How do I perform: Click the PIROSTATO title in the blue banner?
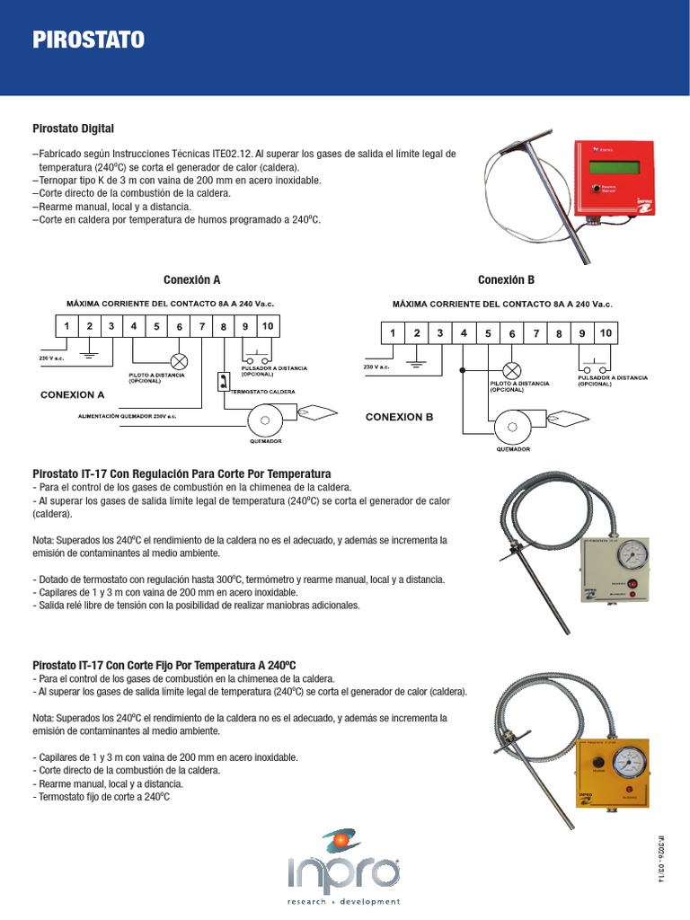click(x=87, y=40)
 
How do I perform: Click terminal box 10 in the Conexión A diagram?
click(x=267, y=326)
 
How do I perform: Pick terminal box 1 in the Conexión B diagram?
click(x=392, y=333)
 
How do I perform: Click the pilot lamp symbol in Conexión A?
click(x=179, y=361)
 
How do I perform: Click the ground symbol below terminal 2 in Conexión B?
click(x=416, y=363)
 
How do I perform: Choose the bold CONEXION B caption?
click(x=399, y=417)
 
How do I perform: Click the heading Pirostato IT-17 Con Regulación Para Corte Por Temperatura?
click(x=181, y=473)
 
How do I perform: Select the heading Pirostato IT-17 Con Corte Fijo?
click(x=164, y=665)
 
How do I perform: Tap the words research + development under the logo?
click(x=344, y=900)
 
